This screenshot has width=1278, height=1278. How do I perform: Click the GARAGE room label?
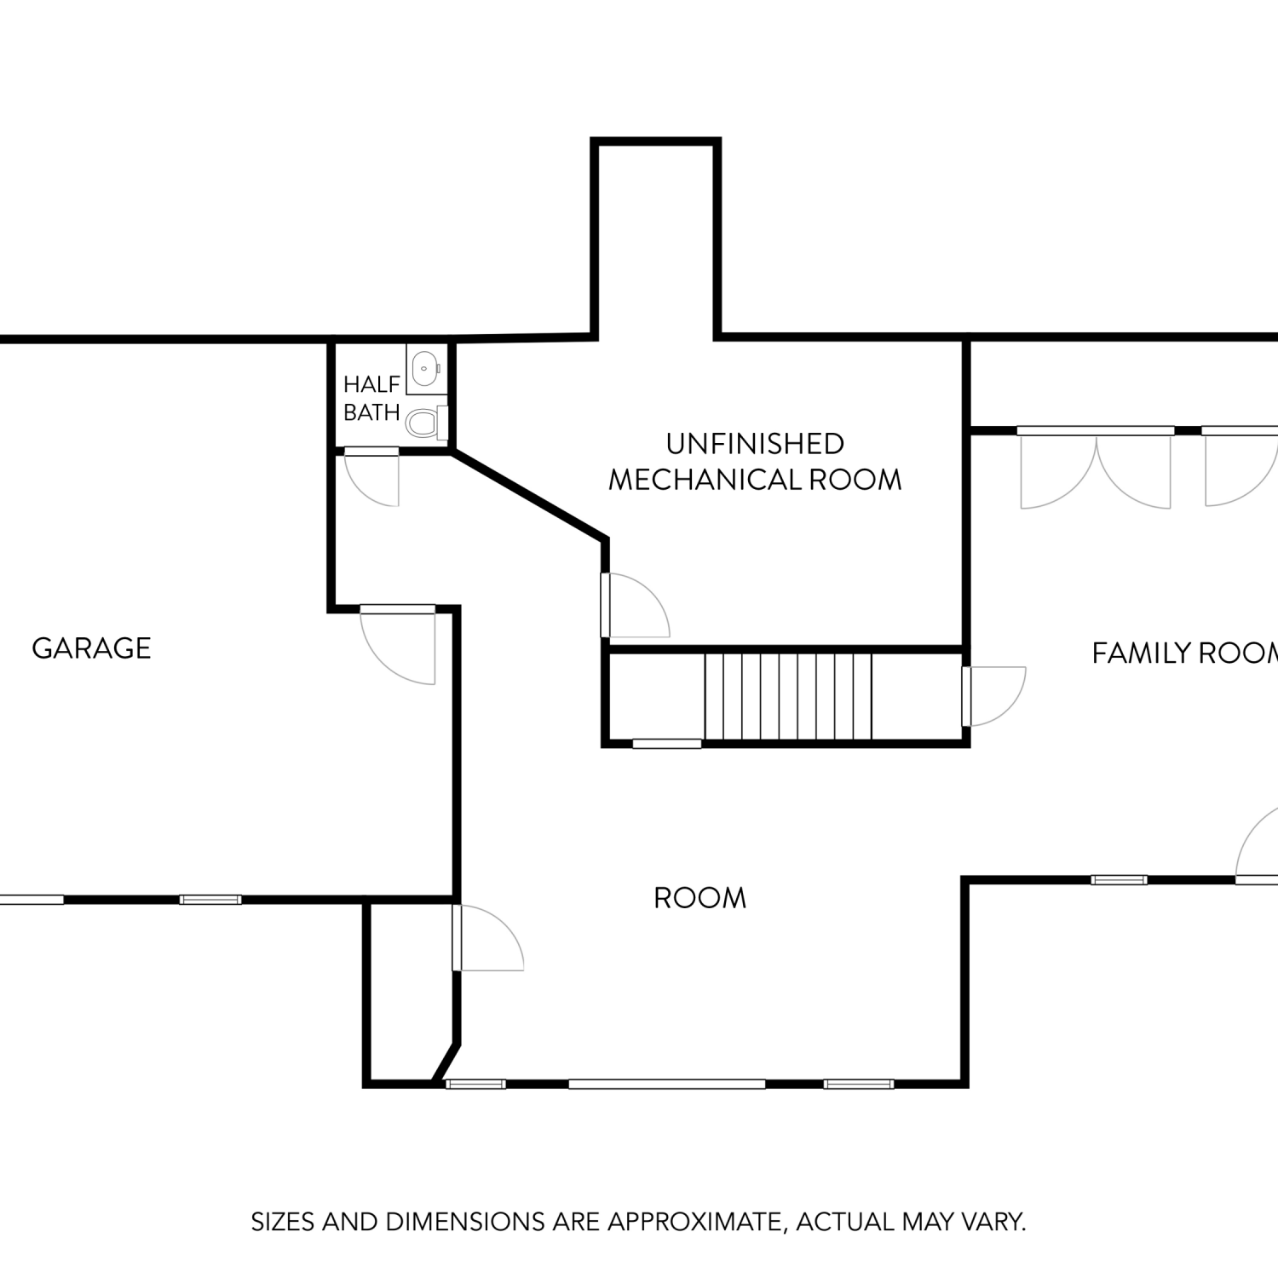point(91,648)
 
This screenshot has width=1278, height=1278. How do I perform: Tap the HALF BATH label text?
point(371,398)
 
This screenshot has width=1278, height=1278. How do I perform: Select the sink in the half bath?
point(425,369)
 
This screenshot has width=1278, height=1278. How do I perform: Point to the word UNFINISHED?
point(755,444)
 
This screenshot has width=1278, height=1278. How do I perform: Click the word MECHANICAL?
point(705,481)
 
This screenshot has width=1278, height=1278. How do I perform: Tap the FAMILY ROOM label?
point(1184,653)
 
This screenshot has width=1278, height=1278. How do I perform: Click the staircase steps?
point(788,696)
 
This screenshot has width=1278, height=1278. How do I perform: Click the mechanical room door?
point(635,605)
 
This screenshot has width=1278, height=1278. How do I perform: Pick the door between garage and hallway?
point(398,644)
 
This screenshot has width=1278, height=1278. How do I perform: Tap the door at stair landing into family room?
point(993,696)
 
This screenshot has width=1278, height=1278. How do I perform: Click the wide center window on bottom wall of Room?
point(667,1084)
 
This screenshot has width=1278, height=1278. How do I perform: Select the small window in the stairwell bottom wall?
point(667,744)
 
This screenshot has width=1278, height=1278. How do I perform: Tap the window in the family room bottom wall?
point(1120,880)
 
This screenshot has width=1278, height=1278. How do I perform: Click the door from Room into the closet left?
point(487,937)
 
